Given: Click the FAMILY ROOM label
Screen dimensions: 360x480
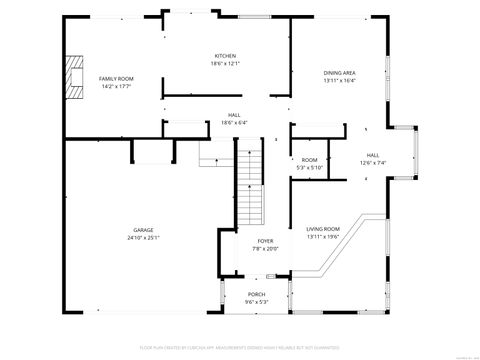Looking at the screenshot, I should tap(115, 78).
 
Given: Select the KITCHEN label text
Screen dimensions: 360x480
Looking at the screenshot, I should tap(225, 55).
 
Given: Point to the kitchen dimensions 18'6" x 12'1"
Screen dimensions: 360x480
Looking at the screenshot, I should tap(225, 63).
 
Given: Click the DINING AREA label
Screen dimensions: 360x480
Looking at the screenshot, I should tap(339, 72).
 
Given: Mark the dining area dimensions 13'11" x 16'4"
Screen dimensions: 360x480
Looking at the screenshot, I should tap(339, 80).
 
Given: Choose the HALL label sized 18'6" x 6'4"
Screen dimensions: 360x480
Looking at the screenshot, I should tap(234, 115).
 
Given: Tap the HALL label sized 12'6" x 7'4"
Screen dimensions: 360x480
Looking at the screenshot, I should tap(372, 155).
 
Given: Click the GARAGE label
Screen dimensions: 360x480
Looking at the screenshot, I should tap(143, 230).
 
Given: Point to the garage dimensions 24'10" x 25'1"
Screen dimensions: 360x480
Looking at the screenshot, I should tap(143, 238).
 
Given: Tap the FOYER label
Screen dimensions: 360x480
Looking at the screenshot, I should tap(265, 241).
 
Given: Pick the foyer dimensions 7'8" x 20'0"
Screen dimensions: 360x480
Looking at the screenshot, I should tap(265, 249).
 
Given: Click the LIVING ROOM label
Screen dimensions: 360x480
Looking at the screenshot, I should tap(323, 229).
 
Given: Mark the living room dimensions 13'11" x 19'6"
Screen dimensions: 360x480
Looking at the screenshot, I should tap(323, 237).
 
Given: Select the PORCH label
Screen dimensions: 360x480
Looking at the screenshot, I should tap(257, 293).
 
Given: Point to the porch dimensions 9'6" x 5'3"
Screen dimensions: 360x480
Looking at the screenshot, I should tap(257, 301).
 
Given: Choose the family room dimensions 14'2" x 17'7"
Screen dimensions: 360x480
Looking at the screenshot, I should tap(115, 86).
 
